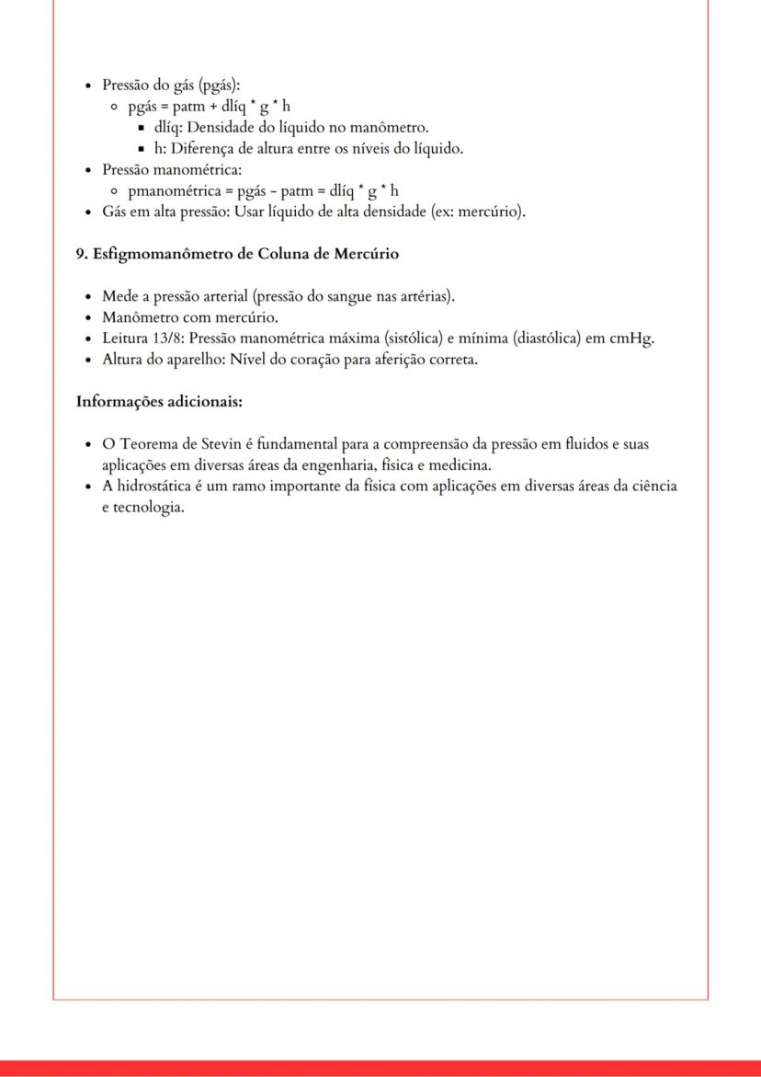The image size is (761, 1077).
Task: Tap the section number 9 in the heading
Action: (80, 254)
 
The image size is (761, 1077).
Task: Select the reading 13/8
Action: (168, 338)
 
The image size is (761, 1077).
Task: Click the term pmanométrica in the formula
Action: (175, 190)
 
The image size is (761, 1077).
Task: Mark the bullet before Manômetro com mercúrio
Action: (87, 318)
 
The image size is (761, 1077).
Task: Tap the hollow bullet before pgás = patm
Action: (115, 107)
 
